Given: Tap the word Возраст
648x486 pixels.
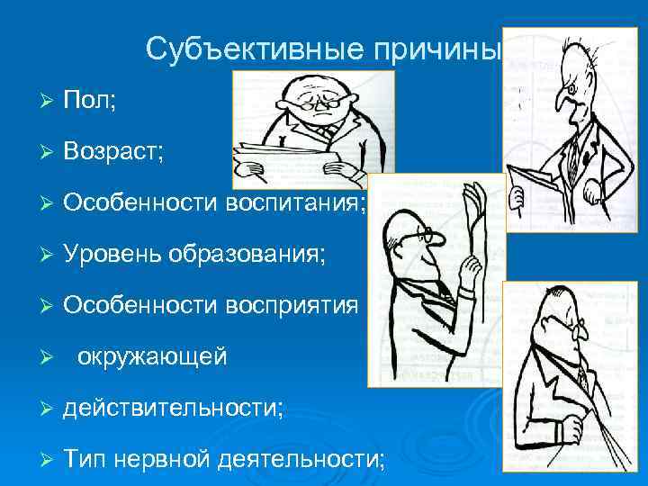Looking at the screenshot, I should click(x=112, y=151).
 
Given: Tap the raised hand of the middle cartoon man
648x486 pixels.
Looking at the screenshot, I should click(x=474, y=202).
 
